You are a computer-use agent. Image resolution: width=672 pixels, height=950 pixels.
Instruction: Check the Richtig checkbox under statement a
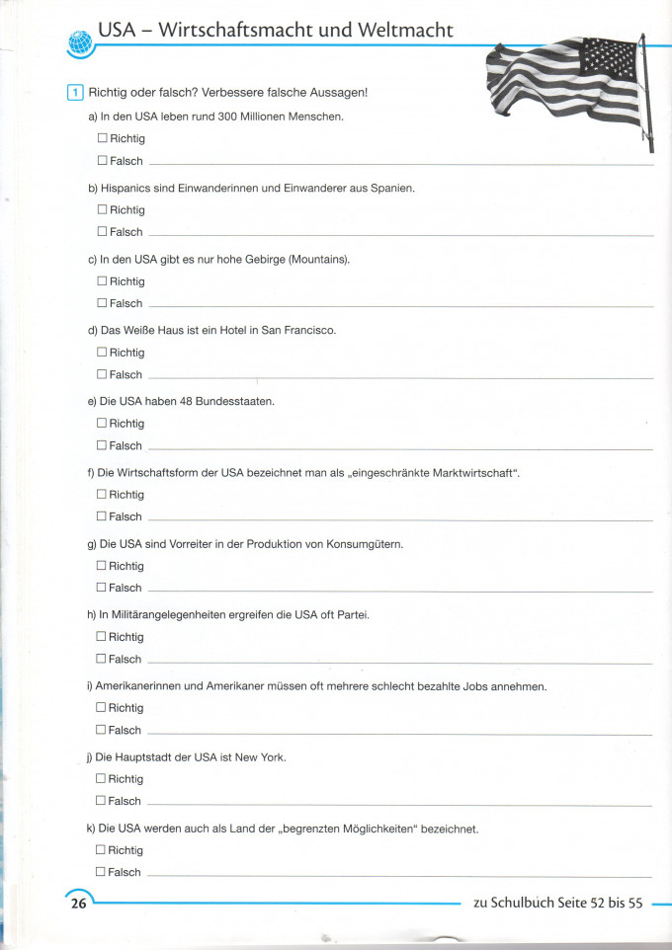tap(102, 139)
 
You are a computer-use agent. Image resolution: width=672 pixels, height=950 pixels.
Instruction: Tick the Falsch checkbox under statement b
tap(102, 232)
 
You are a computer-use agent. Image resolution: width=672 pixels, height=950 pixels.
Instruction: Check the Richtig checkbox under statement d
tap(102, 353)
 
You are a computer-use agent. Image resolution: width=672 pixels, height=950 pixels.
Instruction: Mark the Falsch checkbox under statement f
tap(101, 516)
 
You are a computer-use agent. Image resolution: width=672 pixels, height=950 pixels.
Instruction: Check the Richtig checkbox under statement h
tap(101, 637)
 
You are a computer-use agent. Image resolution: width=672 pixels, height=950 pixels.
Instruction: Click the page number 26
tap(76, 903)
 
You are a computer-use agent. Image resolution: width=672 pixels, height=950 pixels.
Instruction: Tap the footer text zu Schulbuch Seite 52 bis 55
tap(558, 903)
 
